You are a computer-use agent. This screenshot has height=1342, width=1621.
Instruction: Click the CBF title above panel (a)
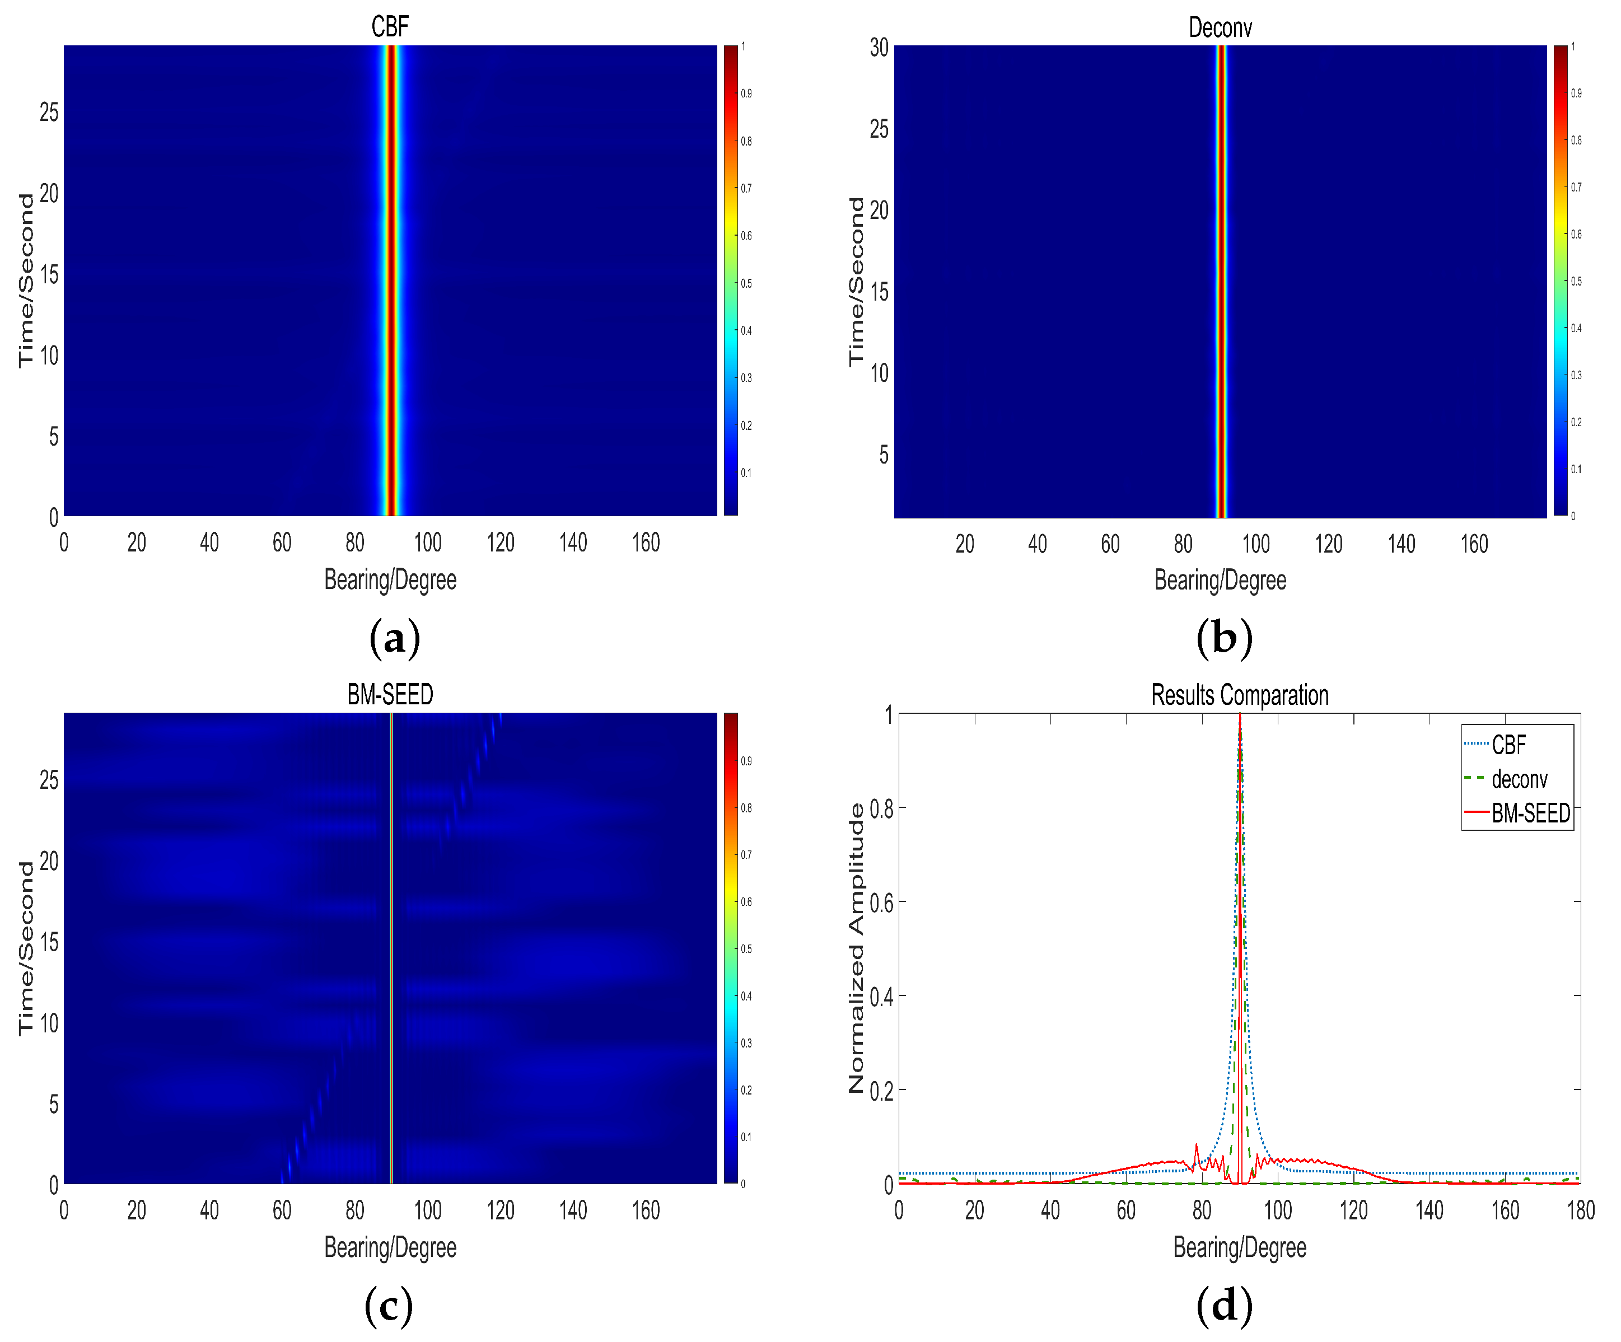click(389, 27)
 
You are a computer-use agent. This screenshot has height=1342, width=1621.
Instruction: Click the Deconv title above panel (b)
click(1219, 28)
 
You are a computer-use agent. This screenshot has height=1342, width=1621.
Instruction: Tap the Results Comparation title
click(1239, 695)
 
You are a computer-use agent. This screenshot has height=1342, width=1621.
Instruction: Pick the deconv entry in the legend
click(1519, 779)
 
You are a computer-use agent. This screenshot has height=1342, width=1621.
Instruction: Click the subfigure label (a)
click(394, 639)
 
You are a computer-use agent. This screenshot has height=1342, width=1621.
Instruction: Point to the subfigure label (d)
click(1223, 1306)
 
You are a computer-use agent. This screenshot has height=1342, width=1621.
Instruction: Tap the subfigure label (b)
click(1223, 639)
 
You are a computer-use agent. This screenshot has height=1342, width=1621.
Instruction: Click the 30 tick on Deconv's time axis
click(879, 48)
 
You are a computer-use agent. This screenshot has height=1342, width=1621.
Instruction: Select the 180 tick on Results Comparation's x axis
click(1580, 1210)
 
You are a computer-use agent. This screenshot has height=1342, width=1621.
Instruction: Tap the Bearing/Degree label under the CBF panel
click(390, 579)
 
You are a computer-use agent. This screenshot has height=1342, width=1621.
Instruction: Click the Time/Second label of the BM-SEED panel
click(26, 948)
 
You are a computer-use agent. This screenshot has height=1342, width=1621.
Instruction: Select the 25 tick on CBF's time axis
click(49, 113)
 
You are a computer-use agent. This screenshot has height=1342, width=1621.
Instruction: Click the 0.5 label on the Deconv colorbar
click(1576, 281)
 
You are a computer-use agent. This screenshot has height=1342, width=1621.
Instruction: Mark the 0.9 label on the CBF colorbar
click(746, 93)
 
